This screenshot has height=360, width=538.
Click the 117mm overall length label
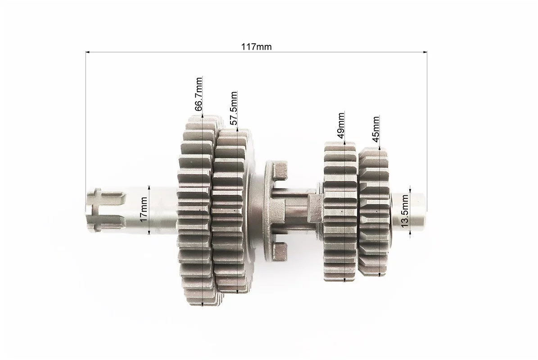256,47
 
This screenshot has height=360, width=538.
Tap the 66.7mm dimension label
199,94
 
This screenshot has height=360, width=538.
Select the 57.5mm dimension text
233,108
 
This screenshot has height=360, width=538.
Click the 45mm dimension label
375,129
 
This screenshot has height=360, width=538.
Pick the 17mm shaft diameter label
144,209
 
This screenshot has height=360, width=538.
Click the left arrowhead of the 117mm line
87,53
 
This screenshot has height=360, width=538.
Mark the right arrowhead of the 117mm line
425,53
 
